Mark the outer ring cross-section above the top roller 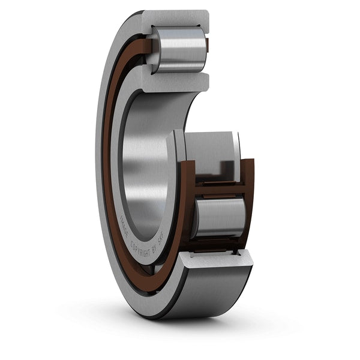click(x=178, y=18)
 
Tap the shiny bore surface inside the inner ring click(x=147, y=156)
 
